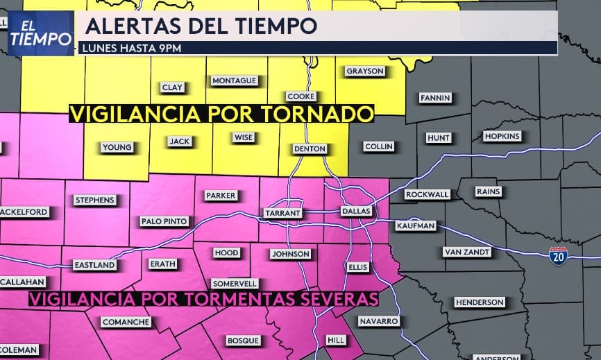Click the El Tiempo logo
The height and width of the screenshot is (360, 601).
[41, 32]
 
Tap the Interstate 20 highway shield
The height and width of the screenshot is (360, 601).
[557, 255]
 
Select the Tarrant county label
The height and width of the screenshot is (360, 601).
[282, 212]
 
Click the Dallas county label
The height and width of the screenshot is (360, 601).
[356, 211]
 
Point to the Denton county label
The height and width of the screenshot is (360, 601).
[310, 148]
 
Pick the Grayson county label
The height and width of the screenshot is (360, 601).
[364, 71]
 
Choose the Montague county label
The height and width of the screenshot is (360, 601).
[235, 80]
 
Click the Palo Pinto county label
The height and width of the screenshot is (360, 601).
[164, 221]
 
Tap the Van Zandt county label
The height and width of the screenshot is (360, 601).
[467, 252]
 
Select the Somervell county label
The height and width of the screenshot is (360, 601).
[235, 283]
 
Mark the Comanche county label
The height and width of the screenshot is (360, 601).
[126, 322]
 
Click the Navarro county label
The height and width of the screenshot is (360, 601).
[379, 321]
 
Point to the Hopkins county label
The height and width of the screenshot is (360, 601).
[502, 136]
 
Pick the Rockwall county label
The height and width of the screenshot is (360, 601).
[427, 194]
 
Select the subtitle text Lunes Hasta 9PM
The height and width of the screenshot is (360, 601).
[132, 48]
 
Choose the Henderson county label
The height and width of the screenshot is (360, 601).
[480, 302]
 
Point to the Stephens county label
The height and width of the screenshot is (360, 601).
[94, 200]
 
